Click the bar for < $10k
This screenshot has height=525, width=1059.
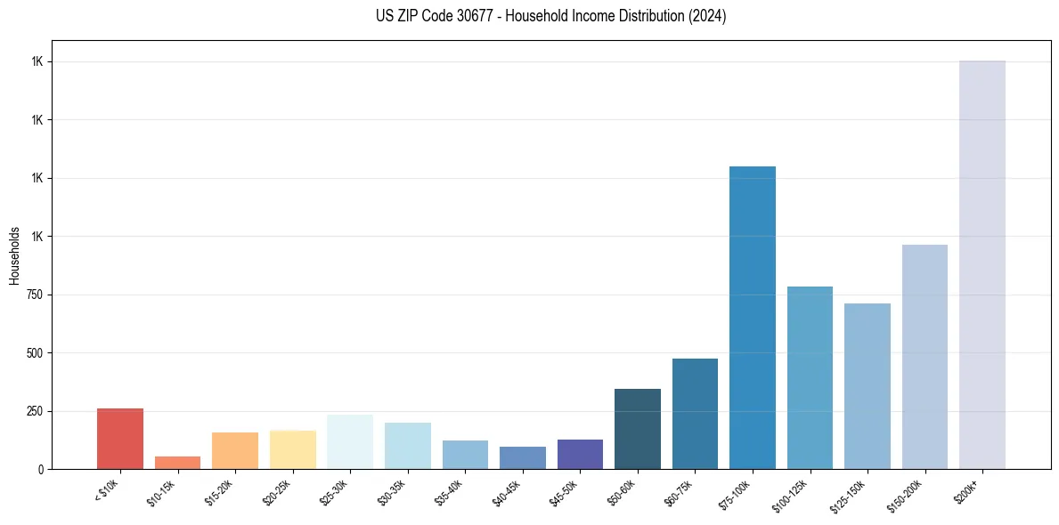[120, 439]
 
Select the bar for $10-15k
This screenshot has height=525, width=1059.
[177, 463]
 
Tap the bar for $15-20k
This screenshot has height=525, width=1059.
[235, 450]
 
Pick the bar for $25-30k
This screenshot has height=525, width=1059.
[350, 441]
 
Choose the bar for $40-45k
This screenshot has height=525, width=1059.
[523, 457]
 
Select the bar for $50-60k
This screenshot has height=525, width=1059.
[638, 429]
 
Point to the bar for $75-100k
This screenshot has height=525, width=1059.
[753, 318]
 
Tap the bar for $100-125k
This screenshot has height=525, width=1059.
[810, 377]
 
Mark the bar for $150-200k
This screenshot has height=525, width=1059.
[925, 357]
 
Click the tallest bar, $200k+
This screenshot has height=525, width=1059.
[982, 264]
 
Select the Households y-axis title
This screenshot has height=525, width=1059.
[14, 254]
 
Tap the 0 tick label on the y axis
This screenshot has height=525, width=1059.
[39, 469]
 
